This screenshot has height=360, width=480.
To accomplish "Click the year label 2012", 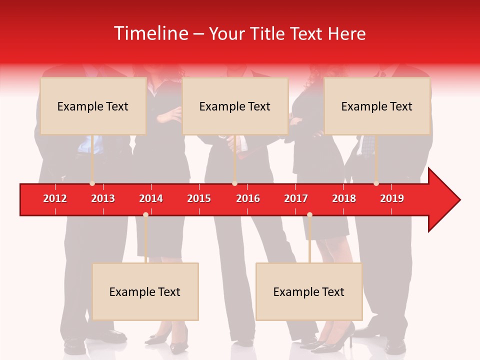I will click(x=55, y=198).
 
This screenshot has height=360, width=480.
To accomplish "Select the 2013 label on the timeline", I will click(x=103, y=198).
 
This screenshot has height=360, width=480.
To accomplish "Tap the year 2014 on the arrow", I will click(x=151, y=198).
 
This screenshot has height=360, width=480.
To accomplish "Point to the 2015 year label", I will click(x=199, y=198).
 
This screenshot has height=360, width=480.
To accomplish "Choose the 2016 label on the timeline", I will click(x=248, y=198).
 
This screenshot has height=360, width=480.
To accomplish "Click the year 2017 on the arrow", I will click(x=296, y=198).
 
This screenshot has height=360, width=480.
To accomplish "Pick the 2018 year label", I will click(x=344, y=198).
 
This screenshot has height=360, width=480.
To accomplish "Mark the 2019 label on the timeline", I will click(x=392, y=198).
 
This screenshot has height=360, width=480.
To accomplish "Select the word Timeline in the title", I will click(x=150, y=33).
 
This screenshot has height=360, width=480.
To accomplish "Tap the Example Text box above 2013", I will click(x=93, y=106).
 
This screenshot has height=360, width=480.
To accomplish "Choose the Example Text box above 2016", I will click(x=235, y=106).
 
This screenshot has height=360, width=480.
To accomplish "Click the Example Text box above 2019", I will click(x=377, y=106).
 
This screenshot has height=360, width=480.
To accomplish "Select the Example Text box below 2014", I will click(x=145, y=291).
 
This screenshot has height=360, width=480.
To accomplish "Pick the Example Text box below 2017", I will click(x=309, y=291).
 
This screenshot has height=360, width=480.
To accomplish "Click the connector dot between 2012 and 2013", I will click(x=92, y=183).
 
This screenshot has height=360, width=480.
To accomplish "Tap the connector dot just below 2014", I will click(x=145, y=215).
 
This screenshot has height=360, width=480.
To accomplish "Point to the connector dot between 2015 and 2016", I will click(x=234, y=183).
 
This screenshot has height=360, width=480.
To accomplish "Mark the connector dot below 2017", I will click(x=309, y=215).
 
